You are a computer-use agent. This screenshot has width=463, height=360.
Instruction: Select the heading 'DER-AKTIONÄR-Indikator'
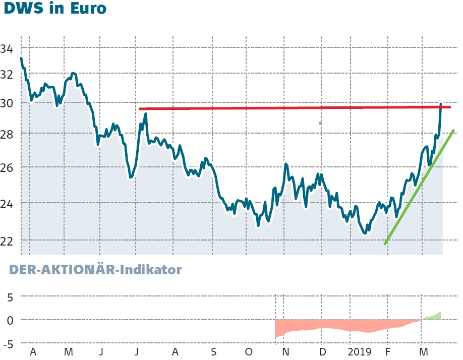point(95,270)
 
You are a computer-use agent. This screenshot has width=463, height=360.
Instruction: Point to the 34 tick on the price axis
point(7,49)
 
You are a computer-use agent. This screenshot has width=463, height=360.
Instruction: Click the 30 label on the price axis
point(7,103)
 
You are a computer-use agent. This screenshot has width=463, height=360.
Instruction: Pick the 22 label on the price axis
point(7,241)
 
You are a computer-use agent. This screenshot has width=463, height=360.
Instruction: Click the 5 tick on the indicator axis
point(10,297)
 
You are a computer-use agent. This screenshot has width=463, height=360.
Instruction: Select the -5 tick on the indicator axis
point(8,344)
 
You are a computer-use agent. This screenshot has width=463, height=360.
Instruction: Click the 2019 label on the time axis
point(360,351)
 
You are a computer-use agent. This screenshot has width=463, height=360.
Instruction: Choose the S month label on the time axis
point(213,351)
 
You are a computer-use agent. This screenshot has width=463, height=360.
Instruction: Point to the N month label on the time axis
point(285,351)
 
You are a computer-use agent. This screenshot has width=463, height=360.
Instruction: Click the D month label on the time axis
point(322,351)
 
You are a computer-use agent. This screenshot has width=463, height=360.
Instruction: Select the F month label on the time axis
point(388,351)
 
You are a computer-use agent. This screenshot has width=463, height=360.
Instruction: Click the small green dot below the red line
point(320,123)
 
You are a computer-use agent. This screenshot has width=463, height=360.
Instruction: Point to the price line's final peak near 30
point(441,104)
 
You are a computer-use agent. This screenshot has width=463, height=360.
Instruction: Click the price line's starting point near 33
point(21,58)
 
